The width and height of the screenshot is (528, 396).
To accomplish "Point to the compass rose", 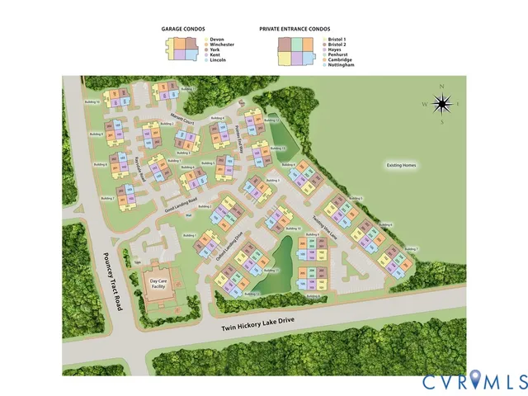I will pyautogui.click(x=442, y=104).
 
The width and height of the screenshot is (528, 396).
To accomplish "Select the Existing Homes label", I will pyautogui.click(x=402, y=166).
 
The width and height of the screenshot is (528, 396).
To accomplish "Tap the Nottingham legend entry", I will pyautogui.click(x=339, y=64).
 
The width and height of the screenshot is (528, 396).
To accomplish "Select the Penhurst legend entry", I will pyautogui.click(x=337, y=54).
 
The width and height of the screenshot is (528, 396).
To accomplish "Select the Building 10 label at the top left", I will pyautogui.click(x=93, y=102).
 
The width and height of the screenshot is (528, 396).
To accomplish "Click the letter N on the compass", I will pyautogui.click(x=442, y=87).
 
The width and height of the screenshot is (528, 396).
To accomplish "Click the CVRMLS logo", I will pyautogui.click(x=475, y=380).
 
